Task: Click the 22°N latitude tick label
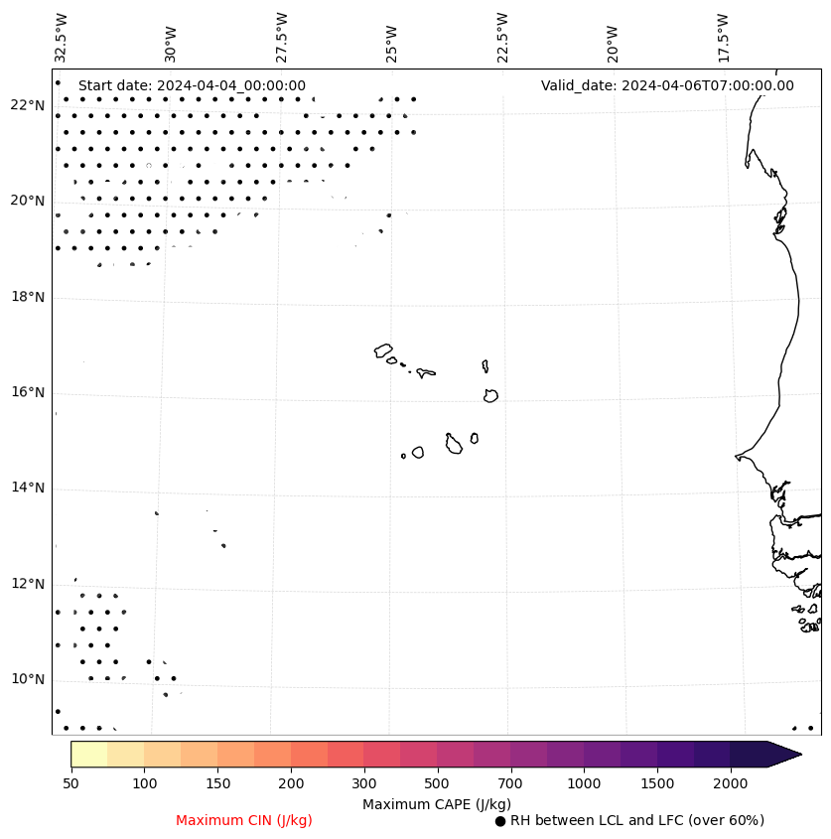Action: [28, 106]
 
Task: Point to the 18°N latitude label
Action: [28, 298]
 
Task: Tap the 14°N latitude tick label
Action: [28, 489]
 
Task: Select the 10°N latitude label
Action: [28, 680]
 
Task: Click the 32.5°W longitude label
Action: [62, 38]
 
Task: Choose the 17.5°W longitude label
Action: [723, 38]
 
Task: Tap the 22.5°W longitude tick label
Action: [502, 38]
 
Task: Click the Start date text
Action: [192, 86]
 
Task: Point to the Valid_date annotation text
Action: [667, 86]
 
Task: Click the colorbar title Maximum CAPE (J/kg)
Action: [436, 804]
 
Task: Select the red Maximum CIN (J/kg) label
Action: [244, 821]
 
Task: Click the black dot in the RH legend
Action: [500, 821]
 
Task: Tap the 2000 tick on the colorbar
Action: [731, 784]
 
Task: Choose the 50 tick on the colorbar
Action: [70, 784]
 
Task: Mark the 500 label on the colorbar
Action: [438, 784]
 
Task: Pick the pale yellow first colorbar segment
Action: [88, 755]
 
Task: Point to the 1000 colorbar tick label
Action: [585, 784]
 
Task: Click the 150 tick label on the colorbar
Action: [217, 784]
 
